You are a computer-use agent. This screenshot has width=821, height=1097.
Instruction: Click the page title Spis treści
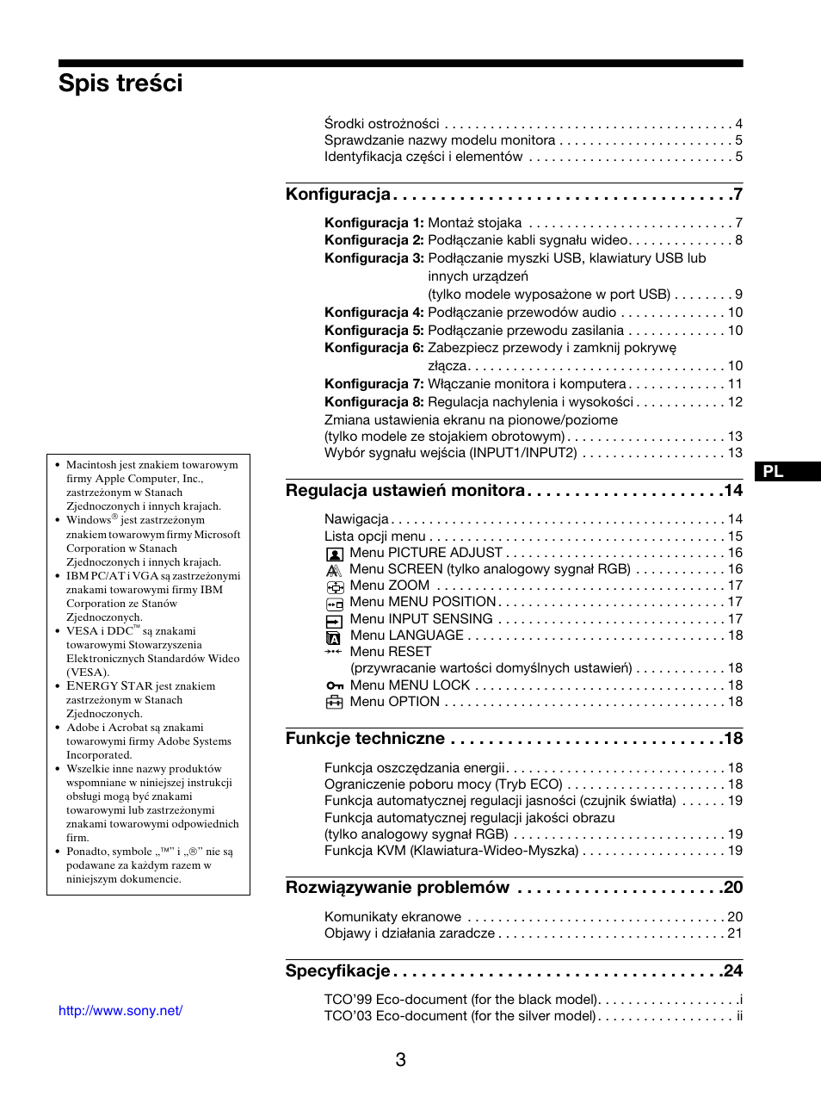[x=120, y=84]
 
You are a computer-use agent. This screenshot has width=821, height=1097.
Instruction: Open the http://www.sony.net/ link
[x=120, y=1011]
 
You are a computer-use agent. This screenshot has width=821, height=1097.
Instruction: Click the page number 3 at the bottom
[x=401, y=1060]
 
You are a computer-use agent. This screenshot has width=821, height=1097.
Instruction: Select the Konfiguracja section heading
[x=337, y=195]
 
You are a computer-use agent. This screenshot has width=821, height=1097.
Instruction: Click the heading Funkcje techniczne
[x=365, y=739]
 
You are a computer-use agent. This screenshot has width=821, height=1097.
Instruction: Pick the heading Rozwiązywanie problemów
[x=397, y=888]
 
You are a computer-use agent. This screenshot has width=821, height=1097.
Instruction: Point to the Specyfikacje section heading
[x=337, y=971]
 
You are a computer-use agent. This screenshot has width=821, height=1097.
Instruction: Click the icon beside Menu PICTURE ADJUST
[x=334, y=554]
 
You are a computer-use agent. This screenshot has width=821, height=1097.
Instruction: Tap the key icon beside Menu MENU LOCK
[x=334, y=685]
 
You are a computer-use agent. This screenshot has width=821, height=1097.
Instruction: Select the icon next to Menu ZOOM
[x=334, y=586]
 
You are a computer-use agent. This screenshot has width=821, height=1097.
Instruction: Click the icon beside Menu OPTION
[x=334, y=702]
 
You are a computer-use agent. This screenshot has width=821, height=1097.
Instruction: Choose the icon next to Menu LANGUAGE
[x=334, y=636]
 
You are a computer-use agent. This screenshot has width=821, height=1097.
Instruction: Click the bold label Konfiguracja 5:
[x=373, y=331]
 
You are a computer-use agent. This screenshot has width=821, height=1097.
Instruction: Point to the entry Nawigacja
[x=356, y=519]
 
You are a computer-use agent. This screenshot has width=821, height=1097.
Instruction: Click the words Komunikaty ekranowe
[x=392, y=917]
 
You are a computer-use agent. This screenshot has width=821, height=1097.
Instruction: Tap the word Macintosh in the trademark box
[x=91, y=465]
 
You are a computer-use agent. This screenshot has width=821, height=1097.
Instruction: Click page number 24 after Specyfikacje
[x=732, y=971]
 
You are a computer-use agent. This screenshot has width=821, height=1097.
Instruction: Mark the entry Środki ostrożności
[x=381, y=124]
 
